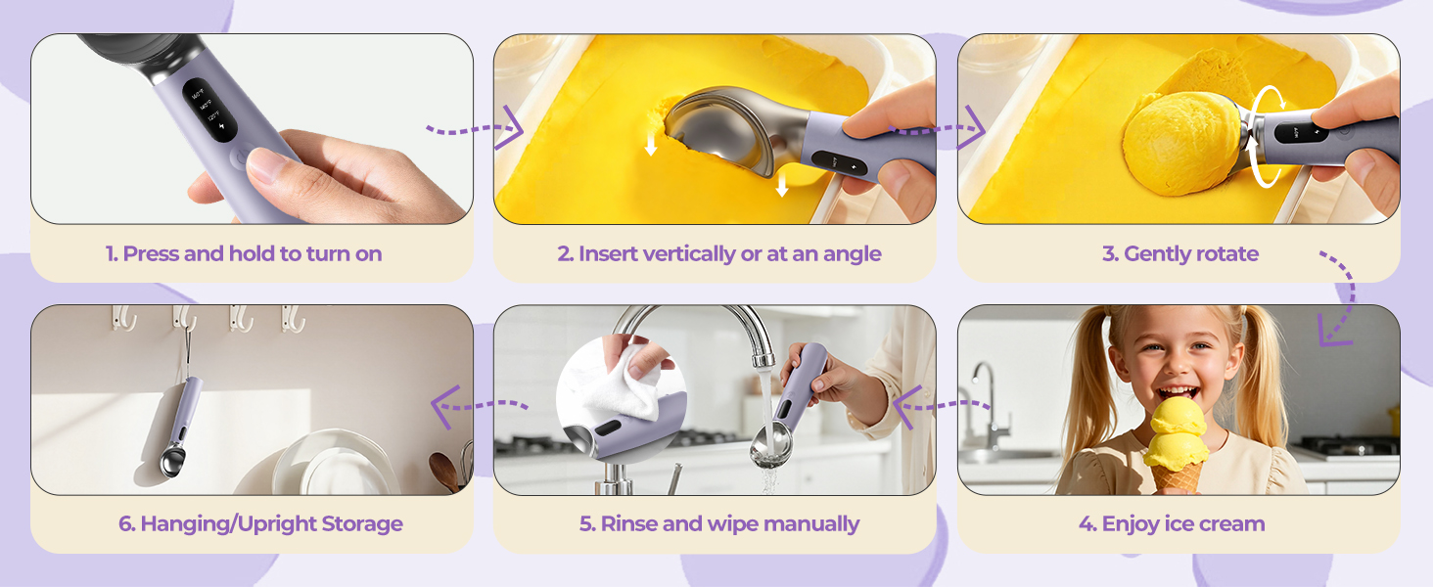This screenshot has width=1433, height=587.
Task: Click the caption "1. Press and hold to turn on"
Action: [244, 253]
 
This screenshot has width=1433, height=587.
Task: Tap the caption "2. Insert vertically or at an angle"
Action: [719, 253]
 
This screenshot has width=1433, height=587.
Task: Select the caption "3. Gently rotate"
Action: [1180, 253]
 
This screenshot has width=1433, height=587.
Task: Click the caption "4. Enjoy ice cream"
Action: [1172, 523]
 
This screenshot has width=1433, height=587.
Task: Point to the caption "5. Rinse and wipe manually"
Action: [719, 523]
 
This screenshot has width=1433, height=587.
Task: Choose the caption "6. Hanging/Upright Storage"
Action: [260, 523]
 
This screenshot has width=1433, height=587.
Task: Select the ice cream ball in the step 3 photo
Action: [1181, 143]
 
